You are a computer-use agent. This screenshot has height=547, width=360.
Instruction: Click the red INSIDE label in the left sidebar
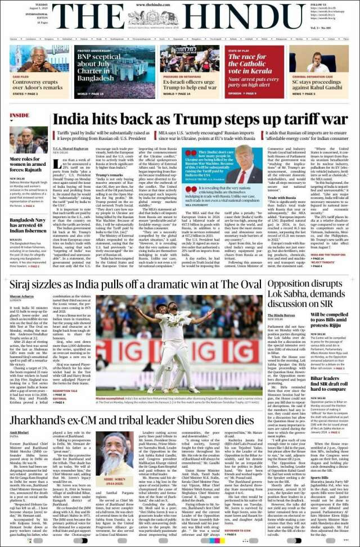point(19,115)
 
